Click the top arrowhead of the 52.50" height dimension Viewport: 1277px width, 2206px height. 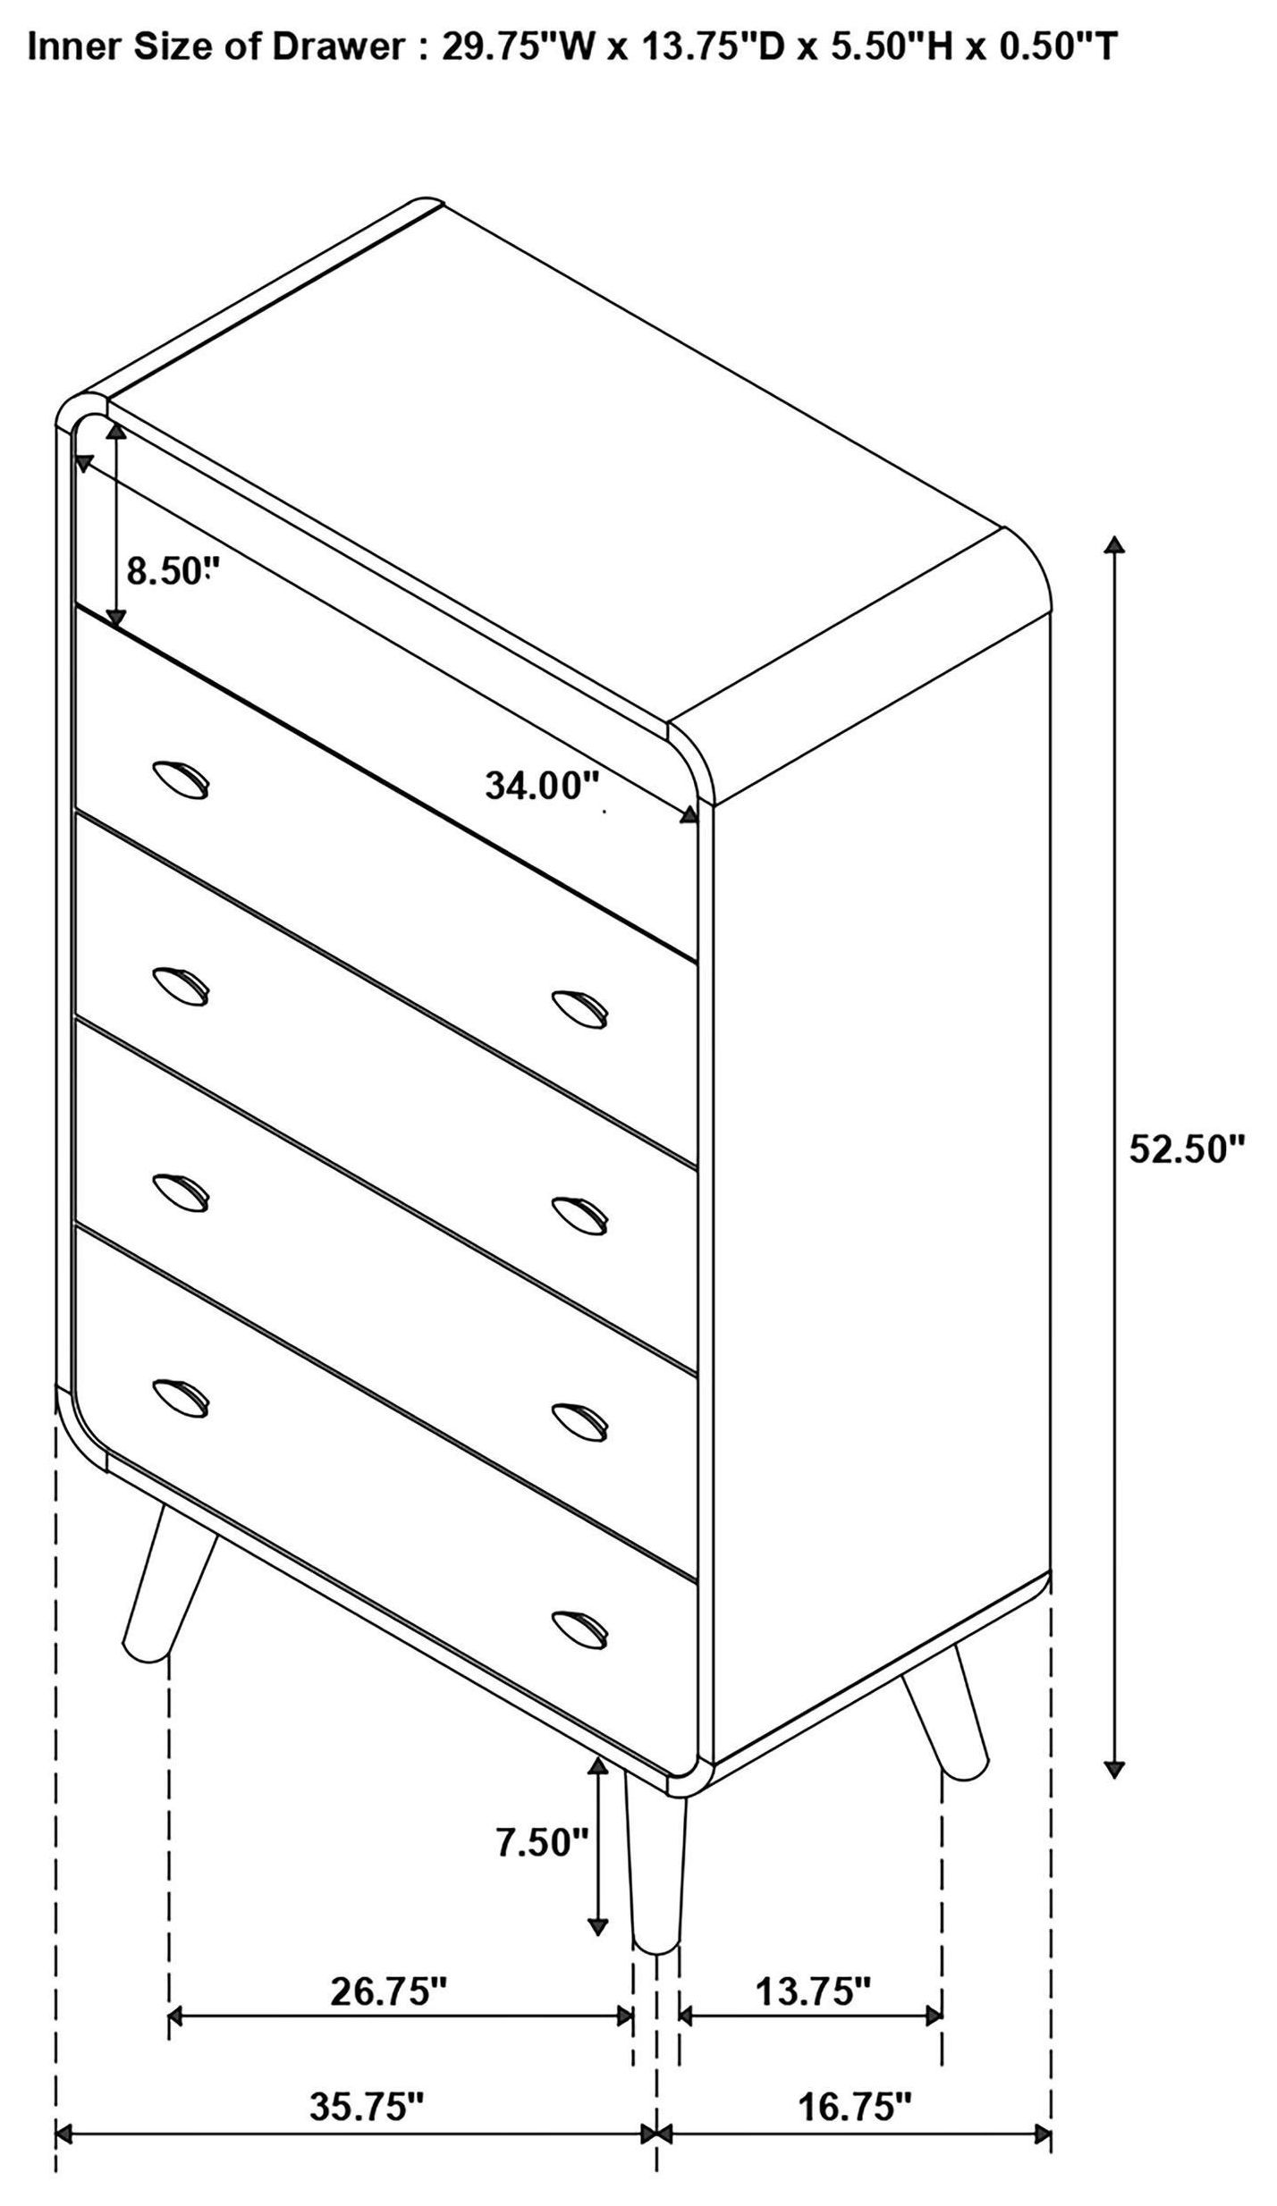pyautogui.click(x=1113, y=544)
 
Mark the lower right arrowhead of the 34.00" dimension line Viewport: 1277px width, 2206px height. pyautogui.click(x=690, y=814)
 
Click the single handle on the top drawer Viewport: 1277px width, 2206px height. pyautogui.click(x=181, y=779)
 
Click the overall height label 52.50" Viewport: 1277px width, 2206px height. pyautogui.click(x=1187, y=1149)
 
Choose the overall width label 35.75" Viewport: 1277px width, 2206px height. pyautogui.click(x=366, y=2057)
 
